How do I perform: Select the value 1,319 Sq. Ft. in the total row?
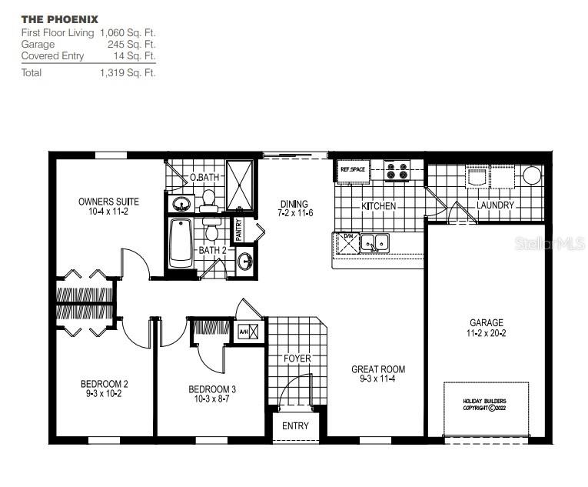click(x=127, y=73)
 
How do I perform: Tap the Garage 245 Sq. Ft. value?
click(x=135, y=45)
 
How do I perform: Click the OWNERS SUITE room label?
click(x=108, y=202)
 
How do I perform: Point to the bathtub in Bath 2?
click(x=180, y=243)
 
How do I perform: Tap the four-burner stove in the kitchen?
click(x=397, y=171)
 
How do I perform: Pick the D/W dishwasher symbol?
click(x=347, y=242)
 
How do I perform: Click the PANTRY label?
click(x=239, y=230)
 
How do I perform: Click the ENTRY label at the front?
click(x=295, y=425)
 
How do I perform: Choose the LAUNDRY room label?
click(x=495, y=205)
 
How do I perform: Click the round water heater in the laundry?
click(x=532, y=175)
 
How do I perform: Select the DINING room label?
click(x=293, y=205)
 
